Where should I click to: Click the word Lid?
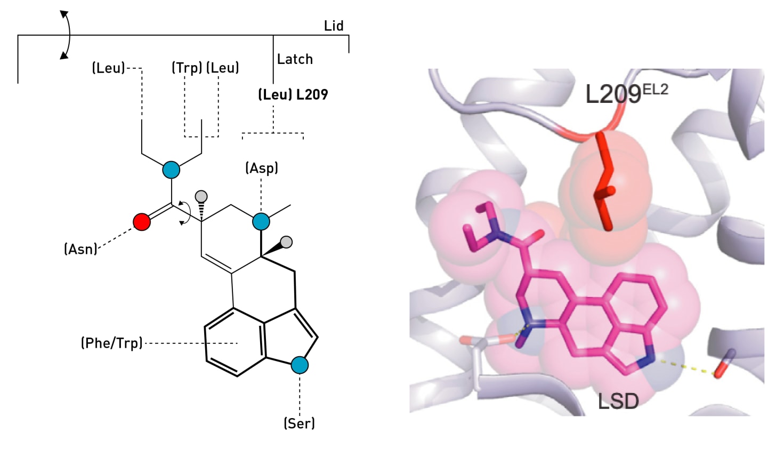pos(334,26)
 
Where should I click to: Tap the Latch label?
pos(295,59)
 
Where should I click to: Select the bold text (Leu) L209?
pos(293,94)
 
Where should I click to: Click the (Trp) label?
pos(187,68)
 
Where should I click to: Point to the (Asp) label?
pos(261,168)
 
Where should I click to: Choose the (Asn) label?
pos(80,249)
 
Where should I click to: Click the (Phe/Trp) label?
pos(112,343)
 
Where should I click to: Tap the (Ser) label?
pos(299,423)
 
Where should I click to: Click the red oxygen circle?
pos(142,222)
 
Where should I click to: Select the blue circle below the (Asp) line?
pos(261,221)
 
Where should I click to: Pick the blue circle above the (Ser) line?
pos(300,365)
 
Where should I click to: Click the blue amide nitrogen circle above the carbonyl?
pos(171,170)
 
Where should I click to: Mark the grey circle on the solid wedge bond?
pos(287,242)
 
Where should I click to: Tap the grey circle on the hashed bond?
pos(201,196)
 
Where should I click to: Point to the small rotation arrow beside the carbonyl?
pos(184,213)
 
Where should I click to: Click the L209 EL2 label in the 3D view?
pos(626,93)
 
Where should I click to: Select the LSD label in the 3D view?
pos(618,401)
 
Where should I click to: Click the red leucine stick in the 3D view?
pos(605,181)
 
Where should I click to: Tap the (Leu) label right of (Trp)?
pos(223,68)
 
